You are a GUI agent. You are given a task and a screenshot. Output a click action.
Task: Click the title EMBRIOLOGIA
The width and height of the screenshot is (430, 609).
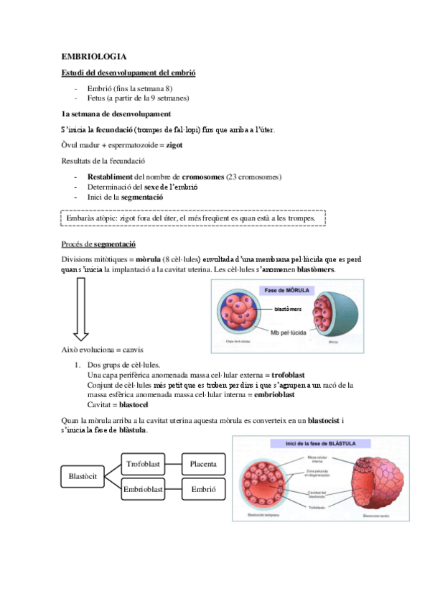click(93, 56)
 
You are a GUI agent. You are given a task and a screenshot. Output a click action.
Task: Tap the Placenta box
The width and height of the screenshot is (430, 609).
click(203, 464)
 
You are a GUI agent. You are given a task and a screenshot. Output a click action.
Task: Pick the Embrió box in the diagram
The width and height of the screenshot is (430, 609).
click(203, 490)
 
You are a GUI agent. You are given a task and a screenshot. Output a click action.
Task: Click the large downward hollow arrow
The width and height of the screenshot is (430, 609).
click(80, 308)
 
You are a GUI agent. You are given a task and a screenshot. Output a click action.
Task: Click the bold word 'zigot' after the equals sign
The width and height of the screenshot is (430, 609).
click(174, 145)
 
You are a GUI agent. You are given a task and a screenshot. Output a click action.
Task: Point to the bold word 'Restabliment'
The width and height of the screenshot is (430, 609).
click(110, 177)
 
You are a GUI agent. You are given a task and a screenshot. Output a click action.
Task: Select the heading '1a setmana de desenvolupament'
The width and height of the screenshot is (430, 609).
click(116, 113)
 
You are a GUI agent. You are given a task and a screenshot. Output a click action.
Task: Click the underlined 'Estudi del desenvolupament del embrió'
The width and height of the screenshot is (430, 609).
click(128, 73)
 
